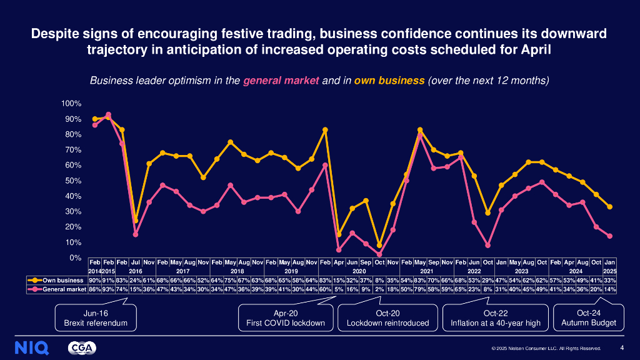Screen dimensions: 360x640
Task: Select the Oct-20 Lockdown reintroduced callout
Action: coord(388,317)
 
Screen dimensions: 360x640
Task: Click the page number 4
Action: coord(621,348)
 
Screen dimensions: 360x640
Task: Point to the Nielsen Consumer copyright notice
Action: coord(546,349)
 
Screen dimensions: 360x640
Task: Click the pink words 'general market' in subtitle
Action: coord(281,81)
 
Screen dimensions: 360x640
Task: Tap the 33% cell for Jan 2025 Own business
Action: coord(610,281)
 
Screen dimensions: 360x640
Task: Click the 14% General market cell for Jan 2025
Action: coord(610,289)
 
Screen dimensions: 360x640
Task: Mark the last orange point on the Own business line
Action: coord(610,207)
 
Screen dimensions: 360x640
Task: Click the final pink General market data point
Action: coord(610,236)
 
